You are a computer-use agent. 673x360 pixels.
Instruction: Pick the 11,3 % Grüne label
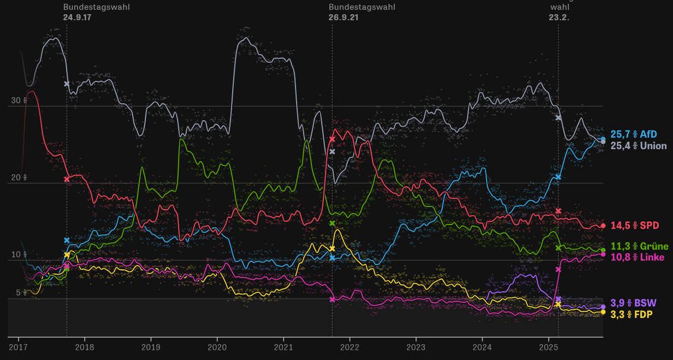(639, 246)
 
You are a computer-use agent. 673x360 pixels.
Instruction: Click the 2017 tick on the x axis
(18, 347)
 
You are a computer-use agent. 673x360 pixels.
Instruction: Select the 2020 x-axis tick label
(217, 347)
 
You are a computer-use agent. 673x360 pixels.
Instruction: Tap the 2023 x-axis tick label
(416, 347)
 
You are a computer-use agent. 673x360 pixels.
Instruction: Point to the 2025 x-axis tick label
(548, 347)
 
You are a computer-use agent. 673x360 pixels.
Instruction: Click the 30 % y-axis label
(19, 101)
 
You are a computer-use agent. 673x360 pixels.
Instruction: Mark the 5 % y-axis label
(21, 293)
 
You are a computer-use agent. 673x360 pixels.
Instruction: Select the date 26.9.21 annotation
(344, 17)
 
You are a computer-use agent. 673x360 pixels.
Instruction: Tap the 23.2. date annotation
(559, 17)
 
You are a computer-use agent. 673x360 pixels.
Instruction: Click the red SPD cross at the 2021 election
(332, 139)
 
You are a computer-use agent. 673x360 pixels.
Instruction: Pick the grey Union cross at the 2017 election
(67, 84)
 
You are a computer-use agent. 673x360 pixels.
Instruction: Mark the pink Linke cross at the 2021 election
(332, 299)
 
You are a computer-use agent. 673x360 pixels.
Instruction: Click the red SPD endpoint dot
(603, 226)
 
